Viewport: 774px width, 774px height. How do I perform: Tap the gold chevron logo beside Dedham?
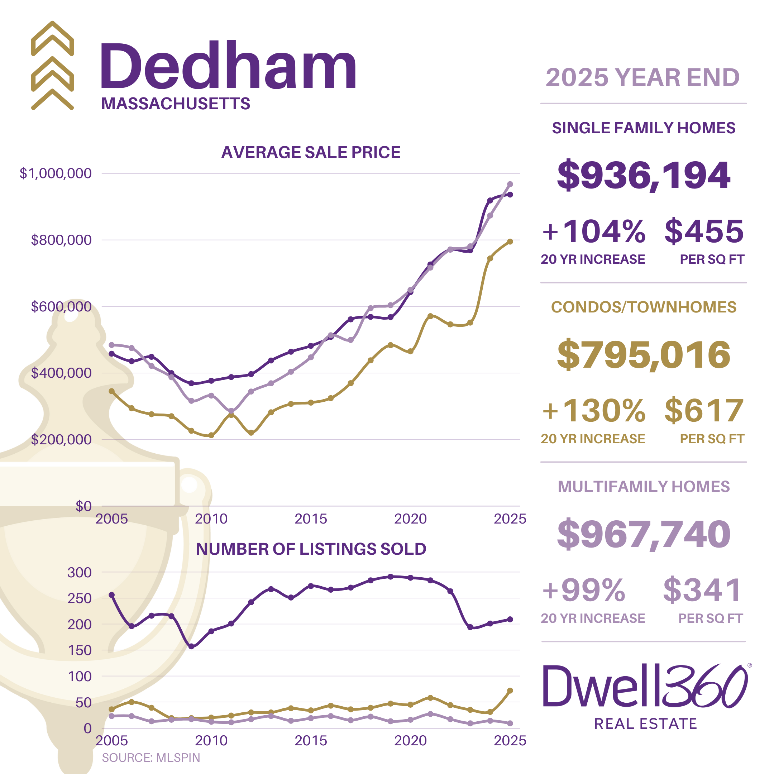tap(52, 65)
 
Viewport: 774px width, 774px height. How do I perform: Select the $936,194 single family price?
tap(644, 176)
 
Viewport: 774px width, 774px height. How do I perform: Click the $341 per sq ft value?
tap(702, 590)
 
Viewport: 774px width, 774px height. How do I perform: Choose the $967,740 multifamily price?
tap(644, 534)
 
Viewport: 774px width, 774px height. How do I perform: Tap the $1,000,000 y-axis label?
tap(56, 173)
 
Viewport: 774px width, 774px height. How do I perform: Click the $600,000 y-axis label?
tap(61, 306)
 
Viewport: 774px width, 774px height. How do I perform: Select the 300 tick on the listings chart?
tap(79, 573)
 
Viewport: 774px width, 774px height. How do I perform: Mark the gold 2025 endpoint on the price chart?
tap(510, 242)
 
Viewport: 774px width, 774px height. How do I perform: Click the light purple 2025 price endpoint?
tap(510, 184)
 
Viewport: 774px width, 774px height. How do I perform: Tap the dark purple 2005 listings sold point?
tap(112, 595)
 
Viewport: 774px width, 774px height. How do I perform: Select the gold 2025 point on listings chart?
tap(510, 691)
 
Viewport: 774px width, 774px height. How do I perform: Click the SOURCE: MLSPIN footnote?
tap(150, 758)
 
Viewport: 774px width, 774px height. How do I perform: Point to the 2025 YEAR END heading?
tap(642, 77)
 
